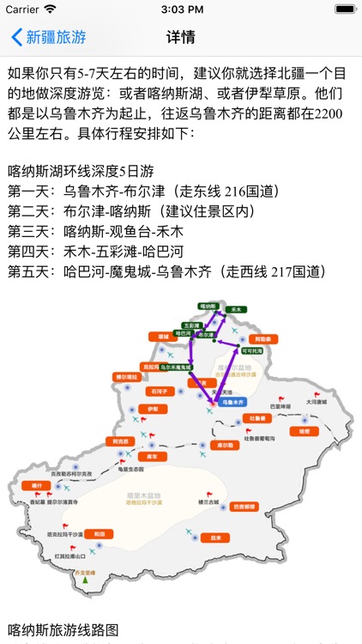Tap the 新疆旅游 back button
[49, 38]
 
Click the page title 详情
[181, 38]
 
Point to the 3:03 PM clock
[181, 9]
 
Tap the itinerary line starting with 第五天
[166, 271]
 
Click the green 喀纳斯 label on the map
[208, 306]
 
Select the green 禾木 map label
[238, 307]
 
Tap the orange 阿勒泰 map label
[266, 339]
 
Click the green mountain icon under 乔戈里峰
[86, 580]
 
